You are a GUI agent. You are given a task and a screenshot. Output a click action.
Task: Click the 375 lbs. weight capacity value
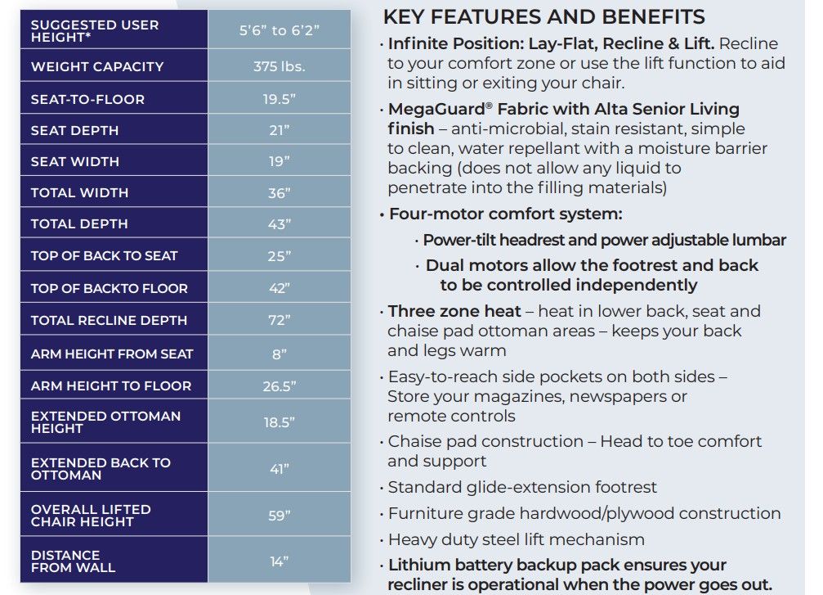[279, 66]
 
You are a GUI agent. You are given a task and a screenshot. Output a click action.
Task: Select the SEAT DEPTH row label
[74, 130]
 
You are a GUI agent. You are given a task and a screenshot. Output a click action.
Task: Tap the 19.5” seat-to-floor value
[279, 99]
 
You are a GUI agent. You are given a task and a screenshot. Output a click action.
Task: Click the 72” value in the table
[279, 320]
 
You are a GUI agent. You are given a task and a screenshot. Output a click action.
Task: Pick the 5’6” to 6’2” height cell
[279, 31]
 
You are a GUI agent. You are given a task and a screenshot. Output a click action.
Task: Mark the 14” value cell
[279, 561]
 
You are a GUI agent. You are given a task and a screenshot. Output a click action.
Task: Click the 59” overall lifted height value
[279, 515]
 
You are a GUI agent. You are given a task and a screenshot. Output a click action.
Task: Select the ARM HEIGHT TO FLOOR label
[110, 385]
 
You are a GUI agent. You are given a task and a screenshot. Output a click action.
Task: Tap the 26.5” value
[279, 386]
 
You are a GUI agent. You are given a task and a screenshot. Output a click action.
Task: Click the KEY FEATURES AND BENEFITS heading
[543, 16]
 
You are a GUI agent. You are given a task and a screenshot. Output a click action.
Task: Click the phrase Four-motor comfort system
[505, 214]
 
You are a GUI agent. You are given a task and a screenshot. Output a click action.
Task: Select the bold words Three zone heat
[454, 311]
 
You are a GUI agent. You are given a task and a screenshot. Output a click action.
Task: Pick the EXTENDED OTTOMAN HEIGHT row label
[105, 421]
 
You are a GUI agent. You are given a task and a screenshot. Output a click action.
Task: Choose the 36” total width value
[279, 193]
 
